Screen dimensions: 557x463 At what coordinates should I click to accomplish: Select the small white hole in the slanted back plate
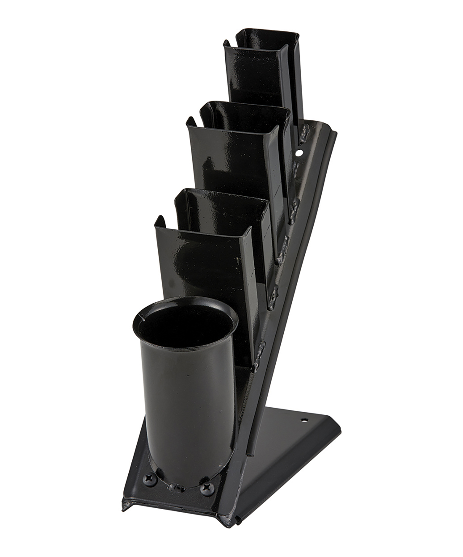(299, 153)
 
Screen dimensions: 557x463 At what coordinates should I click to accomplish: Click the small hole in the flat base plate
(304, 421)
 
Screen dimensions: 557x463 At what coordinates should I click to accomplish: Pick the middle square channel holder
(232, 152)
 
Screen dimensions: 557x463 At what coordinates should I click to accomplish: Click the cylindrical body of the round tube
(185, 402)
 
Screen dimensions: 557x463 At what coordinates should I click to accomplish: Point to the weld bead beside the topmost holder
(304, 132)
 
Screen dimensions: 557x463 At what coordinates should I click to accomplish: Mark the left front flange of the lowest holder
(159, 250)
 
